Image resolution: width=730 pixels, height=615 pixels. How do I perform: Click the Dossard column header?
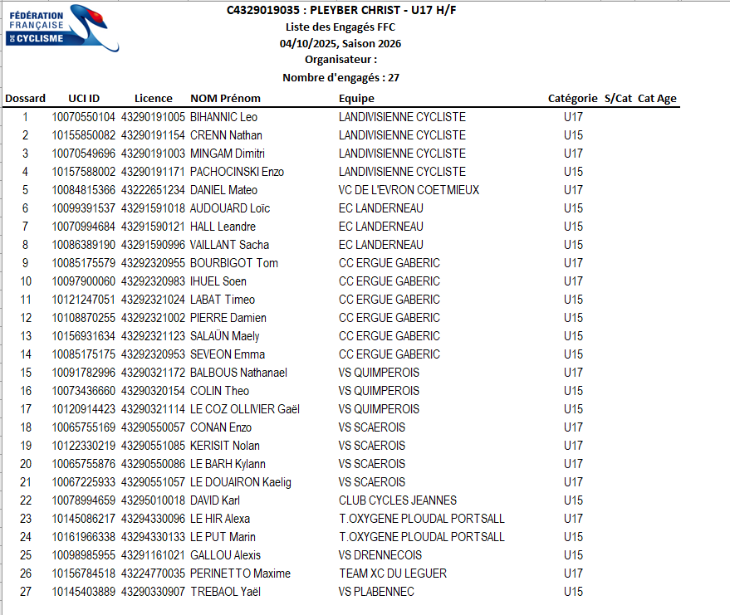pos(25,99)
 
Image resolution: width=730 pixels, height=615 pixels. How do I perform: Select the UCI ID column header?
pos(83,99)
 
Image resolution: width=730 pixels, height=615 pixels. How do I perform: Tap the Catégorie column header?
pos(572,99)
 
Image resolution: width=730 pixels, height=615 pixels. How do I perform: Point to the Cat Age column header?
pos(657,99)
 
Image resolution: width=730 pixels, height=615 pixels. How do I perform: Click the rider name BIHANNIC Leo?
pos(223,117)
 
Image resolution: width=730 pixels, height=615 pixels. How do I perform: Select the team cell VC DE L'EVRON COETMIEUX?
pos(409,190)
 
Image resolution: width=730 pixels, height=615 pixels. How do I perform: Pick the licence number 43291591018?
pos(153,208)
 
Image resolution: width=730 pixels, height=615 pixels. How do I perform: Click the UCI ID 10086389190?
pos(83,245)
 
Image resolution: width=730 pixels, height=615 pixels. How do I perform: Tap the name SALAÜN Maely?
pos(224,336)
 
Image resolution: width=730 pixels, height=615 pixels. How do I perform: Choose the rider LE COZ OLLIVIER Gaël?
pos(244,409)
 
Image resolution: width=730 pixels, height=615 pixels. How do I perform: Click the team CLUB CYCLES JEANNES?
pos(398,500)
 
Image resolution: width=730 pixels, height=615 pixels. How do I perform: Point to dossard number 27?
pos(25,592)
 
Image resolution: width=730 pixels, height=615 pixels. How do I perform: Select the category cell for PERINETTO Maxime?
pos(573,574)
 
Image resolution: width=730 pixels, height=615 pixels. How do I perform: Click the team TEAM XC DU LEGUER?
pos(393,574)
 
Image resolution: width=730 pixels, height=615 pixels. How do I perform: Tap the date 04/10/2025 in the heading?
pos(308,44)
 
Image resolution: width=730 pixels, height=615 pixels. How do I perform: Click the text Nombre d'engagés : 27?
pos(341,78)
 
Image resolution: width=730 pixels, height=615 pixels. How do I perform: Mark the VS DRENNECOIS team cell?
pos(380,555)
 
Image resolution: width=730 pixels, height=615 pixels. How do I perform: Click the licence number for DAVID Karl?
pos(153,500)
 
